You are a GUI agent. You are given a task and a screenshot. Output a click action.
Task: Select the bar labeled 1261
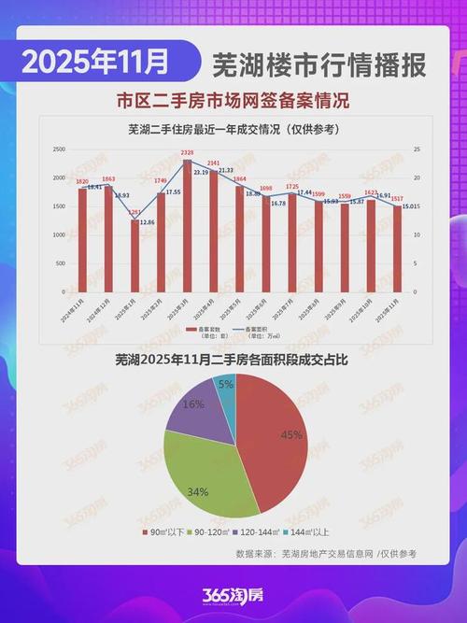click(x=134, y=256)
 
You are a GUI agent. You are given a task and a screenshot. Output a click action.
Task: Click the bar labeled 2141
click(x=213, y=232)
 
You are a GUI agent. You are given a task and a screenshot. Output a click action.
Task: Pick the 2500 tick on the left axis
click(x=58, y=149)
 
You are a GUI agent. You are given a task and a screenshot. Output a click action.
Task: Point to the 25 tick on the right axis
click(x=417, y=149)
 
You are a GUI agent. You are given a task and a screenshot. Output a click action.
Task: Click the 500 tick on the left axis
click(x=60, y=263)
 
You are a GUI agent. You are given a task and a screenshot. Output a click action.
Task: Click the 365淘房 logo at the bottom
click(x=233, y=595)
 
